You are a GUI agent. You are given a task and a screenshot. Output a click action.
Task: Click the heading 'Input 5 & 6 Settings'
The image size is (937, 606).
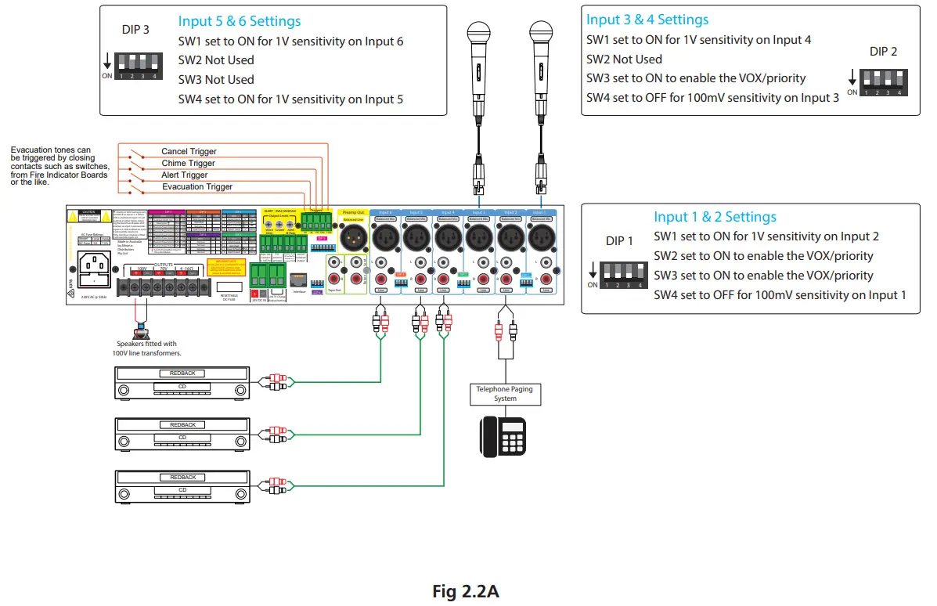[239, 21]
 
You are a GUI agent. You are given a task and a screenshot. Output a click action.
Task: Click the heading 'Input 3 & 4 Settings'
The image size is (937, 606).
[647, 20]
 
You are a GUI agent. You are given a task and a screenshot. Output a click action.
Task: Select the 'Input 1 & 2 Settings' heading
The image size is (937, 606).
[715, 217]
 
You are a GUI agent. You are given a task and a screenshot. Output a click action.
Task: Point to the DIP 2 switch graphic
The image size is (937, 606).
[883, 81]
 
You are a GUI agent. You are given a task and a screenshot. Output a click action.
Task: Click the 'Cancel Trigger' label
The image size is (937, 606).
[189, 151]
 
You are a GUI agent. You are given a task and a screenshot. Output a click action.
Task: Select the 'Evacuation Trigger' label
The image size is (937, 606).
[197, 186]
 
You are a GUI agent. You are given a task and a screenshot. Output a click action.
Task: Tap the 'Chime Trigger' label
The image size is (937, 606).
[188, 163]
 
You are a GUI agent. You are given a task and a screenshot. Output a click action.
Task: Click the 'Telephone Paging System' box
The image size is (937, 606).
[505, 394]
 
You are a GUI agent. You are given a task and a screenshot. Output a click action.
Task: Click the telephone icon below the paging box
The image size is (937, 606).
[503, 435]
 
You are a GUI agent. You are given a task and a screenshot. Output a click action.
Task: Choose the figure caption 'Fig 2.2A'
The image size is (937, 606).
[466, 591]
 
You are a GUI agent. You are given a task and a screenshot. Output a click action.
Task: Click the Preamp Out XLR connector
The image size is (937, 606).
[354, 236]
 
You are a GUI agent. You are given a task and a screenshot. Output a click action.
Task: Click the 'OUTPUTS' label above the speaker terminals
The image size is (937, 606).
[164, 264]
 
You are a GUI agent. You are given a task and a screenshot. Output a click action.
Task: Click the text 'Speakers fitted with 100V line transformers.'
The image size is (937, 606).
[149, 348]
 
